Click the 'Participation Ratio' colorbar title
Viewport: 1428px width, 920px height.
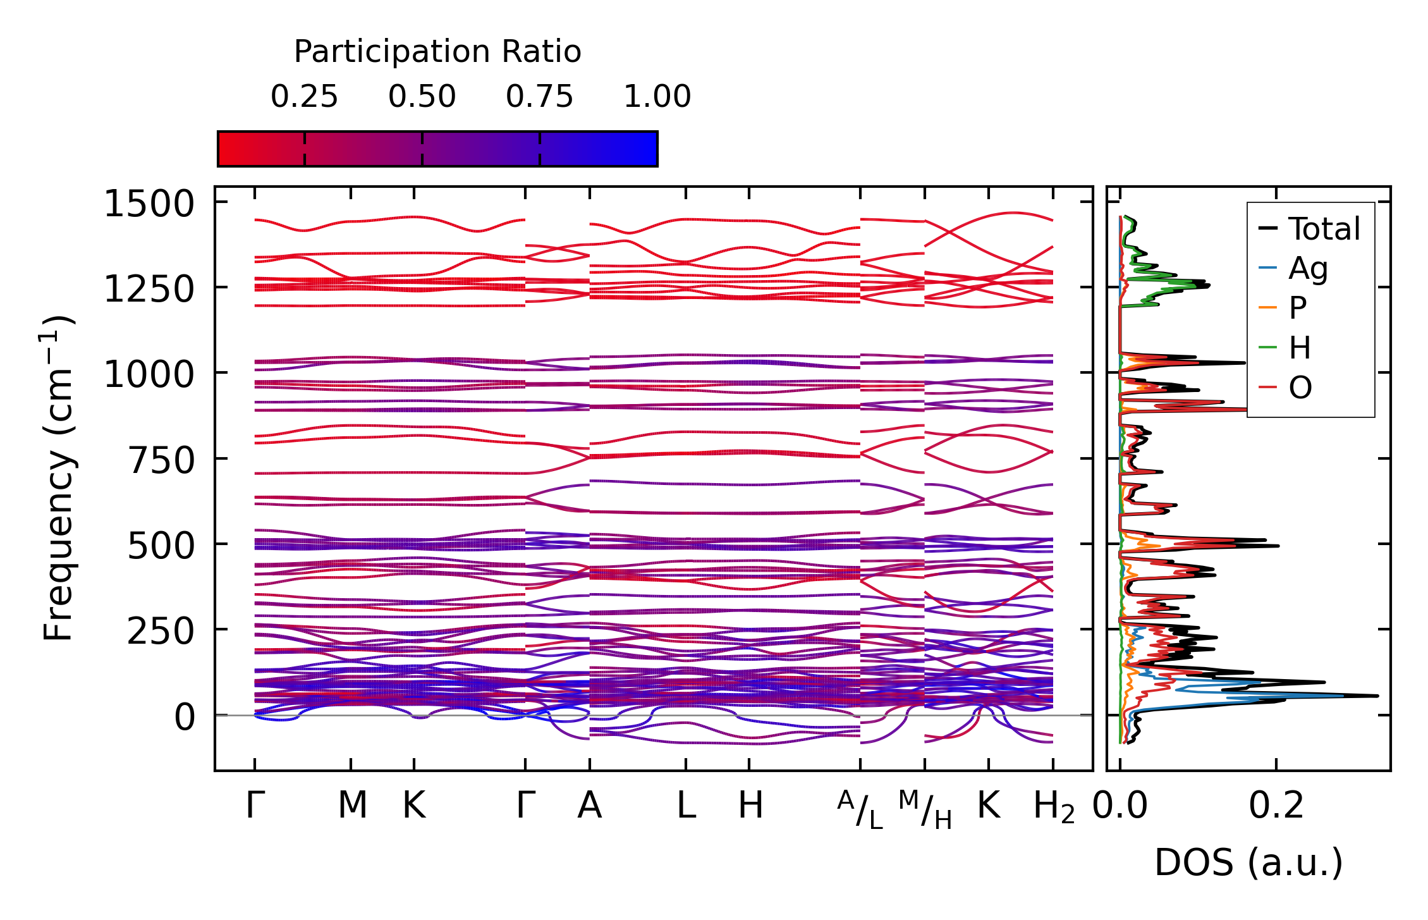[437, 52]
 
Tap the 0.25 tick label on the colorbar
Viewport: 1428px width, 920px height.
[304, 97]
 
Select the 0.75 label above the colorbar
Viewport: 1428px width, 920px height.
[539, 97]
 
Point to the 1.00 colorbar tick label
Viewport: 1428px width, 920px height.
[657, 97]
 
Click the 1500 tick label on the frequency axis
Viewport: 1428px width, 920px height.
[149, 205]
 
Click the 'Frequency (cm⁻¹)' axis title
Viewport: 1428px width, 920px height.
[58, 478]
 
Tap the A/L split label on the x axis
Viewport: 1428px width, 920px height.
[860, 809]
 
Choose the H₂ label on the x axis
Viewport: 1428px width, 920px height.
[1054, 807]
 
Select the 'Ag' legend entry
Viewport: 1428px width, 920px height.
[1308, 269]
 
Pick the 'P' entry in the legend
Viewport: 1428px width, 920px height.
[1298, 309]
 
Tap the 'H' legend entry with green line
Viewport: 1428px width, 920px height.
[1300, 348]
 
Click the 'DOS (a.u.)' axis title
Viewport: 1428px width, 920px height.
[1248, 863]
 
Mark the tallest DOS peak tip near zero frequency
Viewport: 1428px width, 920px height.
[1377, 696]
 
